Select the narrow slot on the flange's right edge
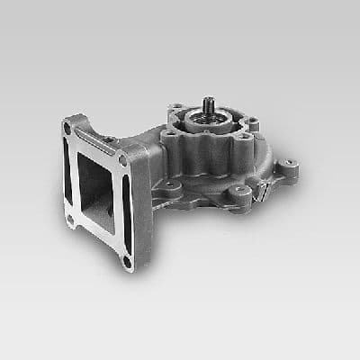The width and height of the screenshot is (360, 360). coord(126,211)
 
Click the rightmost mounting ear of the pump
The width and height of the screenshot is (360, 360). coord(288,166)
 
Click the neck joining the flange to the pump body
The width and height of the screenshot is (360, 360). coord(148,166)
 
